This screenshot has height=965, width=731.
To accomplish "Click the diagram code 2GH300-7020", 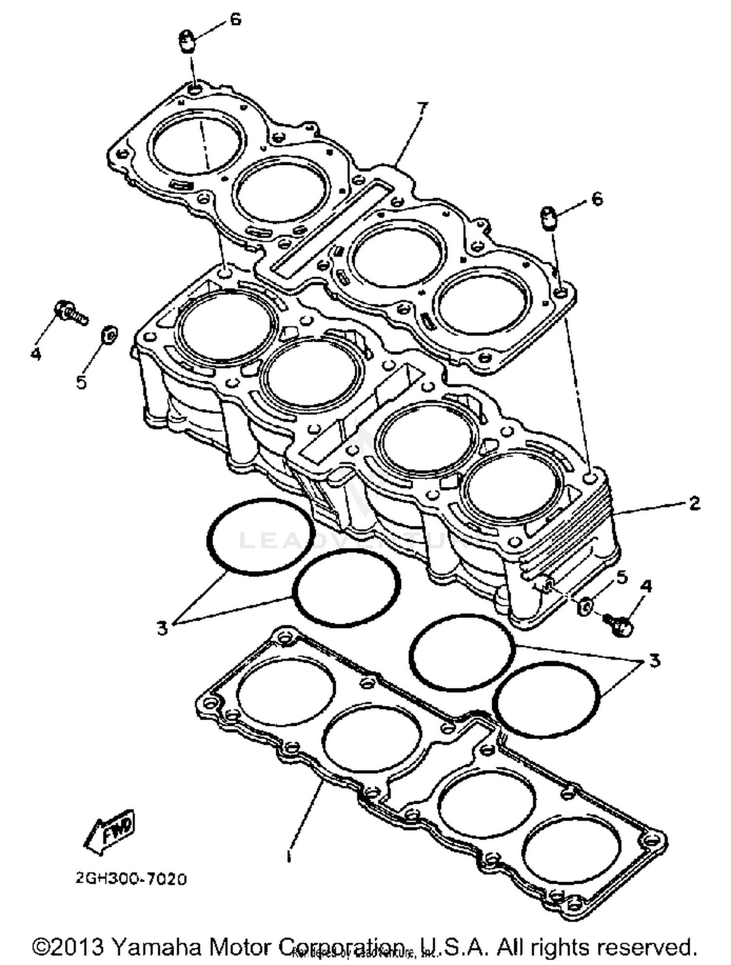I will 131,879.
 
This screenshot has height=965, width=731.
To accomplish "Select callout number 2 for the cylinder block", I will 694,503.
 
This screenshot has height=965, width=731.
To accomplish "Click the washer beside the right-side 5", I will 585,607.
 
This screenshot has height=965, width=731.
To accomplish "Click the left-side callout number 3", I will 162,628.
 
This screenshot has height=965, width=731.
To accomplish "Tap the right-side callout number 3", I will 654,661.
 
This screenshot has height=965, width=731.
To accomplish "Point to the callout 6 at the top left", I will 235,19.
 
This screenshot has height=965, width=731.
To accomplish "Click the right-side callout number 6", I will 596,199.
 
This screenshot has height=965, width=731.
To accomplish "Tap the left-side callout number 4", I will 36,353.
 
